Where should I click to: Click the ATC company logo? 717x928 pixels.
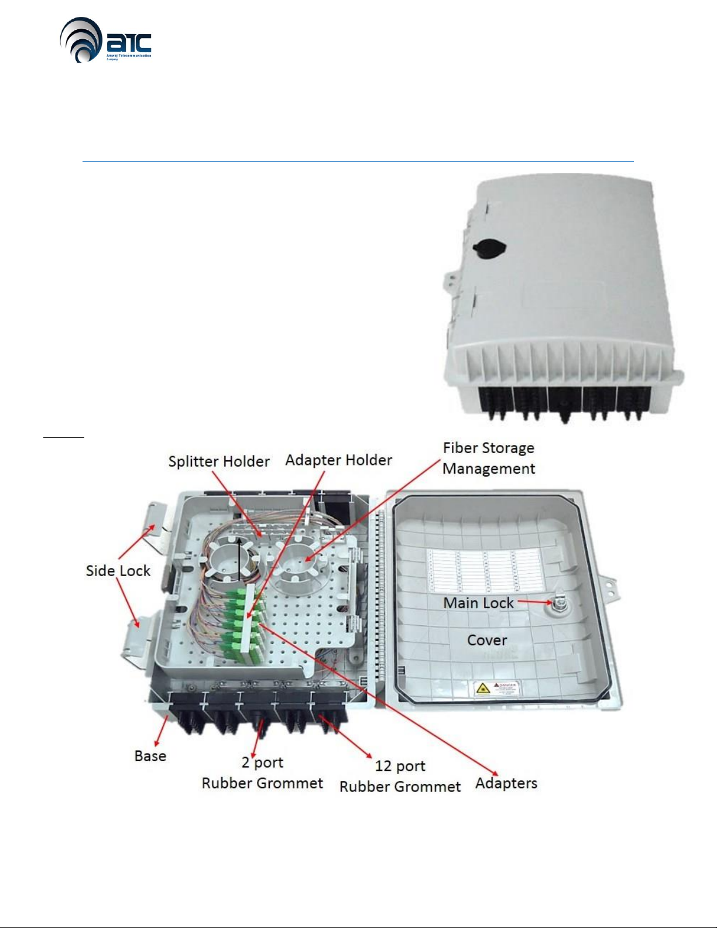[x=105, y=40]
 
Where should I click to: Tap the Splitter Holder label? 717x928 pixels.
[x=219, y=461]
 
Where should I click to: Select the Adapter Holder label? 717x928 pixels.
[x=338, y=460]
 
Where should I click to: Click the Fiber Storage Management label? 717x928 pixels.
[x=489, y=458]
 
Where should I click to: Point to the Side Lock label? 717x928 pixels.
[x=118, y=571]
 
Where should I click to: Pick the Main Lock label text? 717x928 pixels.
[x=478, y=603]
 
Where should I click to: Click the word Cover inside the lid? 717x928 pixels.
[x=487, y=640]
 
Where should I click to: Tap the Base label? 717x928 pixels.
[x=150, y=756]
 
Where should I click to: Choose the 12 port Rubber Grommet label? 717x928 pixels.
[x=400, y=776]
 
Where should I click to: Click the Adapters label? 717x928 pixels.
[x=506, y=783]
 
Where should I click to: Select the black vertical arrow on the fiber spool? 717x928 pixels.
[x=239, y=559]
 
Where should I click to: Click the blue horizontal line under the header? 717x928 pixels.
[x=358, y=161]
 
